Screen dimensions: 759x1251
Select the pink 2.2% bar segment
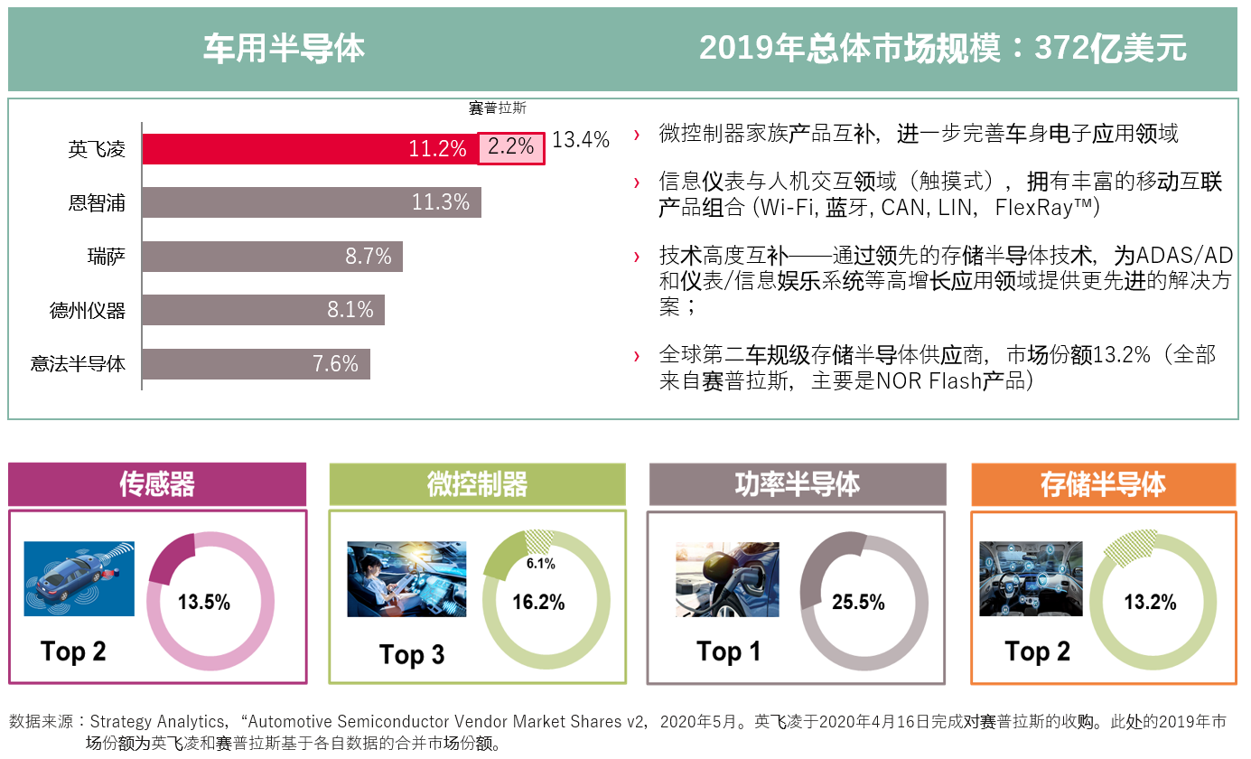511,148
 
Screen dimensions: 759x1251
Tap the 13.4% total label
581,140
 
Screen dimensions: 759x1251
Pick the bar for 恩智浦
312,202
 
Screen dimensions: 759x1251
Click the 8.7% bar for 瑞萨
272,257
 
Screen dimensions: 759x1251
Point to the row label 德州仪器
88,311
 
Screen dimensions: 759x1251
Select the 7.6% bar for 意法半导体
256,364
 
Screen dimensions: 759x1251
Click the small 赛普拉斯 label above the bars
497,108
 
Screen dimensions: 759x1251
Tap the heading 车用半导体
284,49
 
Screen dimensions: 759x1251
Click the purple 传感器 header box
157,484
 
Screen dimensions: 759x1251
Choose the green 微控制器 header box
477,484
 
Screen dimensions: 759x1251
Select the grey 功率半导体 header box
797,484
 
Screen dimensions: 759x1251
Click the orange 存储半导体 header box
1103,484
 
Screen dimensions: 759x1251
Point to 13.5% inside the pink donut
204,602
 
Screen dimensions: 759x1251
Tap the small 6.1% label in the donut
540,564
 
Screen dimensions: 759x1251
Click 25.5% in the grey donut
858,602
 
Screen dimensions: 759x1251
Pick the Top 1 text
728,651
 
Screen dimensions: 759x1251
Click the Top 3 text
412,655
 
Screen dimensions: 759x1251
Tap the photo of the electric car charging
727,579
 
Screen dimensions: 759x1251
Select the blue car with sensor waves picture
79,578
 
